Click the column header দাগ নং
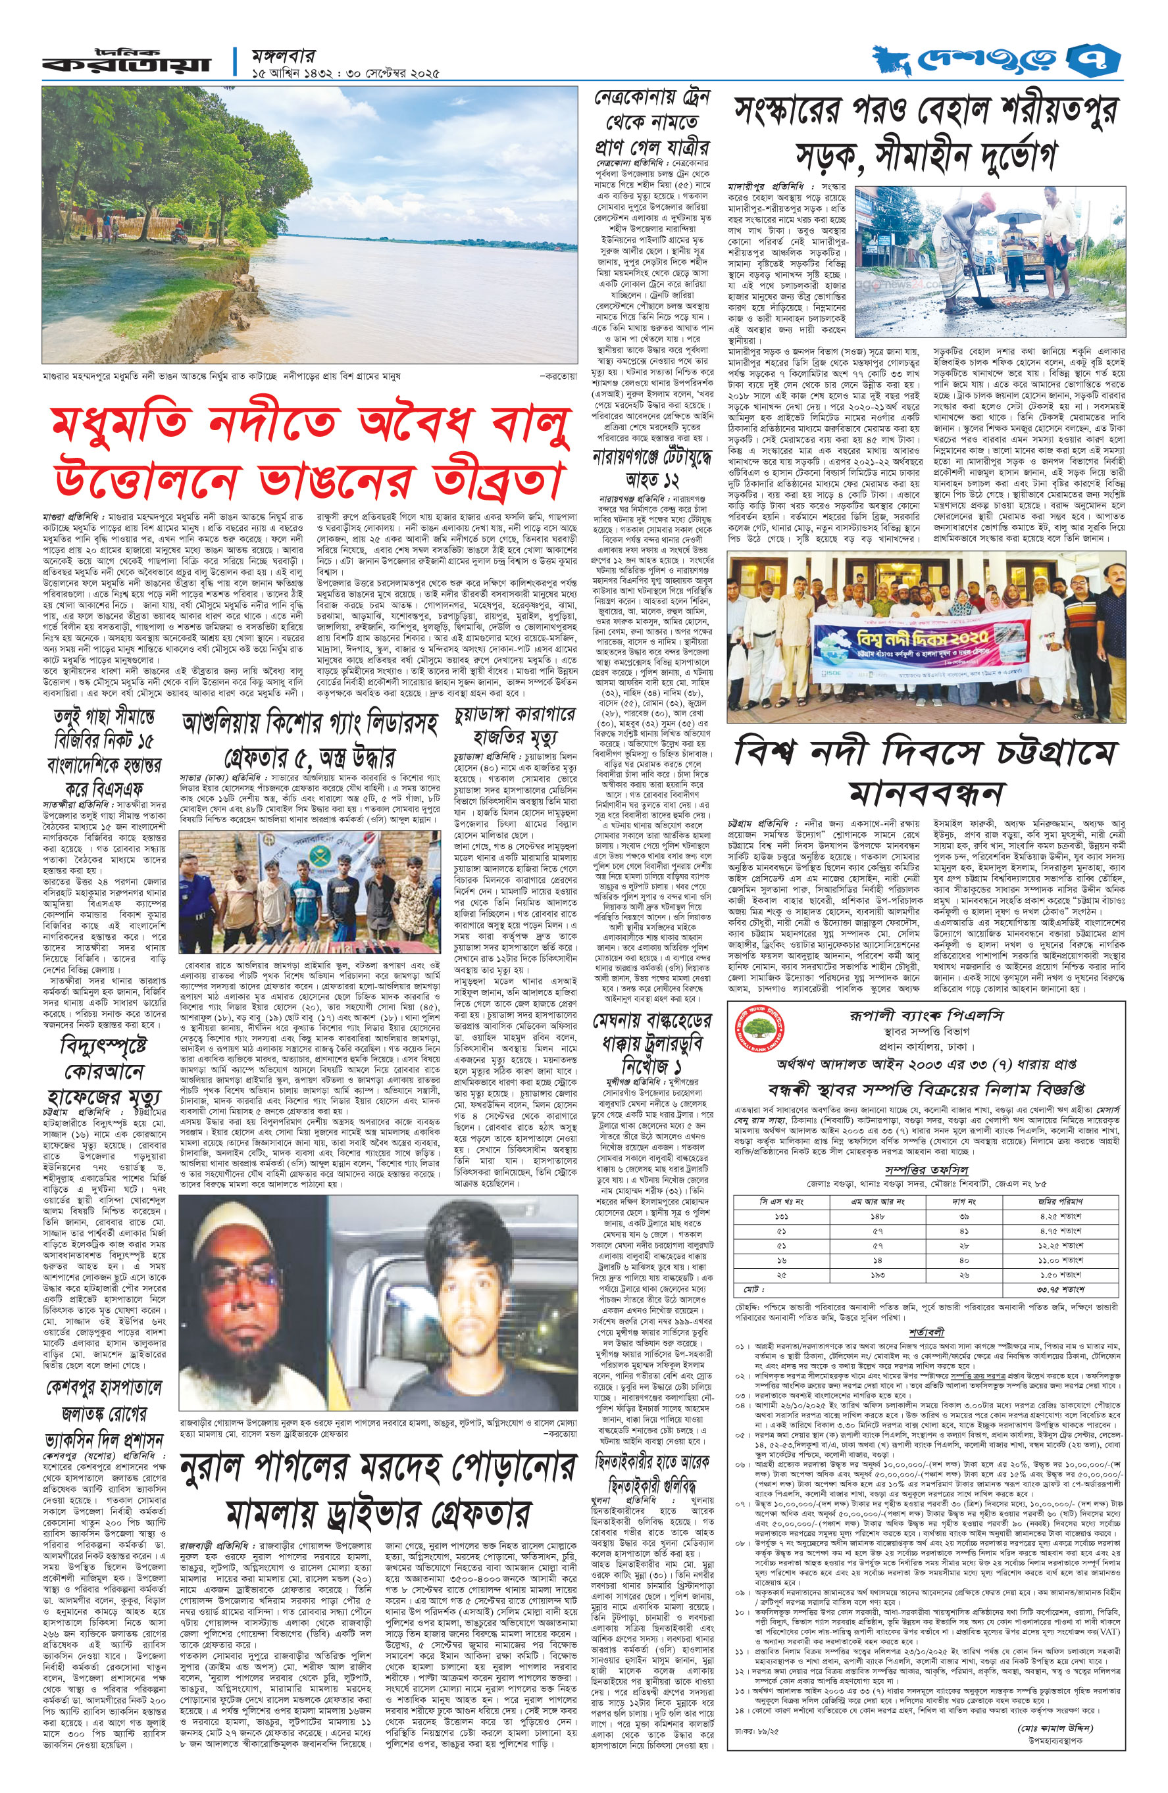(x=963, y=1201)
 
